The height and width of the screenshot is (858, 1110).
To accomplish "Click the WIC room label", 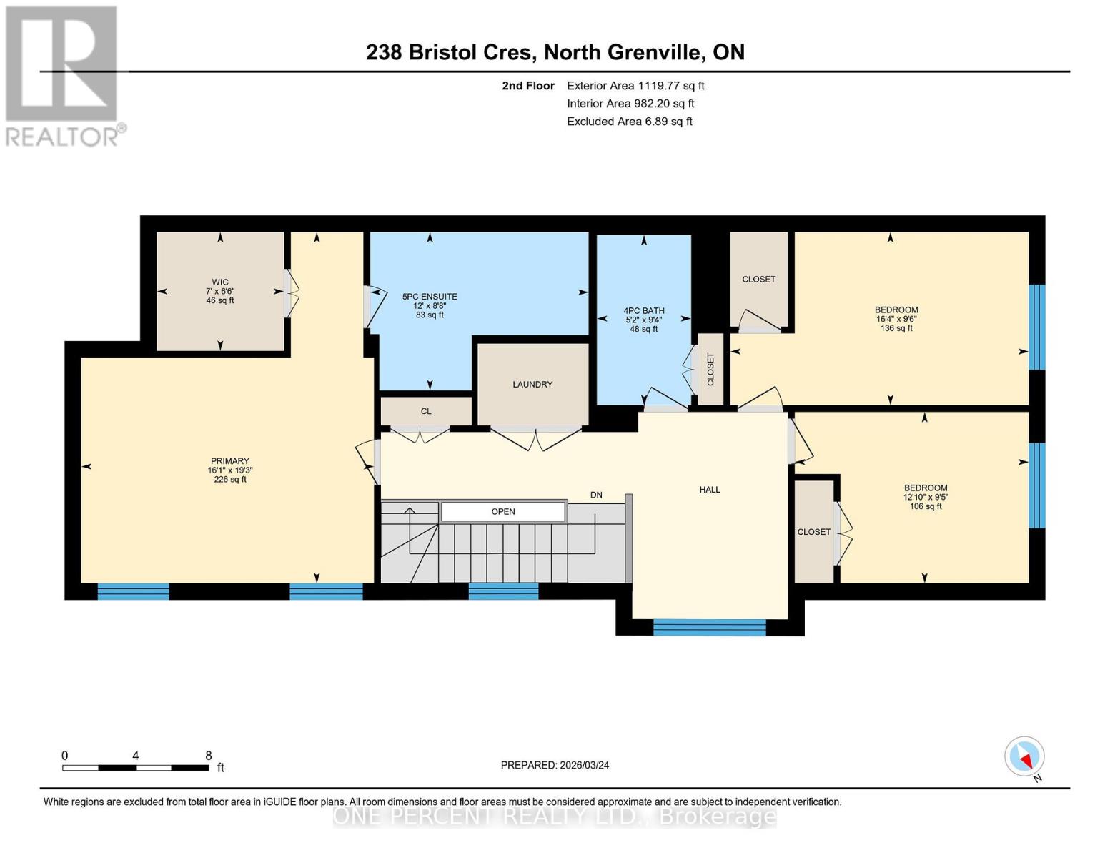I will [x=220, y=282].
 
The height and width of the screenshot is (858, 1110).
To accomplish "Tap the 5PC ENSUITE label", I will [x=430, y=297].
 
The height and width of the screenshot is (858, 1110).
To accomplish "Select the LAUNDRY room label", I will [x=532, y=385].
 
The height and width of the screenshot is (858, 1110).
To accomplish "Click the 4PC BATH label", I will [x=643, y=311].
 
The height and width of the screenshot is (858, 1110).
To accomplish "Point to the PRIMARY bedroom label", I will [x=229, y=461].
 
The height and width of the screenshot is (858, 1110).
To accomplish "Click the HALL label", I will [x=710, y=490].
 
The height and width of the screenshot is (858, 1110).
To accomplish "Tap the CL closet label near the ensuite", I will [x=426, y=411].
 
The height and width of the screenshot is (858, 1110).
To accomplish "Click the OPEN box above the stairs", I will [x=503, y=511].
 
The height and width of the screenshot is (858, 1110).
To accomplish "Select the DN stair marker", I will [x=596, y=495].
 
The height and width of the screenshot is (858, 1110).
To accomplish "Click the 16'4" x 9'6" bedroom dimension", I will [x=896, y=320].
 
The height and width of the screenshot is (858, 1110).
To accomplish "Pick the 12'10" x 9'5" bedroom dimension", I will [x=926, y=497].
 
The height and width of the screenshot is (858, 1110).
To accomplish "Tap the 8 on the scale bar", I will [x=208, y=756].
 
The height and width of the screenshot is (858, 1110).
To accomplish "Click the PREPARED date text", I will [x=555, y=765].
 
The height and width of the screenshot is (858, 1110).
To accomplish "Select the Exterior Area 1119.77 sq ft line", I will [x=635, y=86].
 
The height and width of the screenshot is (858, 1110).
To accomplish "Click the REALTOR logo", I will [x=63, y=75].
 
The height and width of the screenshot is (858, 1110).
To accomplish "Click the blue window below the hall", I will [x=709, y=628].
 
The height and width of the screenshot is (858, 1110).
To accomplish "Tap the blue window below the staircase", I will [x=503, y=591].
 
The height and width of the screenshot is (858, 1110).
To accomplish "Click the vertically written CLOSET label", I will [x=710, y=369].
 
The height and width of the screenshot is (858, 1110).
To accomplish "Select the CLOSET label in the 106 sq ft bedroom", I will [x=814, y=532].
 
